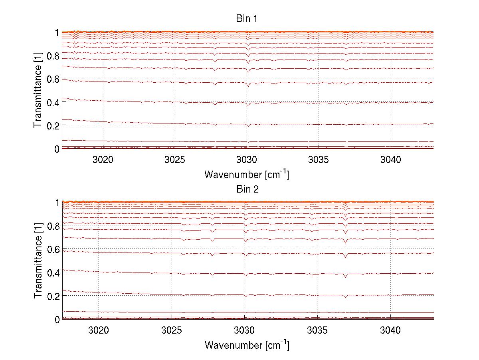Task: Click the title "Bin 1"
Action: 247,19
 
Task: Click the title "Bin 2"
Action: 247,189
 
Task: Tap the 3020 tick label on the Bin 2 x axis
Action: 99,330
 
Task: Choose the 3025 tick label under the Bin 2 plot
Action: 172,330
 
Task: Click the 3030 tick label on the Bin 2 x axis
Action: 244,330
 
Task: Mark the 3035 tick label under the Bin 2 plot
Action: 317,330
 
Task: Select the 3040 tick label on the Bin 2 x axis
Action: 390,330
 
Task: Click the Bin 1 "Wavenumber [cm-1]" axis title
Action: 247,174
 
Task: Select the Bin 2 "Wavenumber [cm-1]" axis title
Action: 247,345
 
